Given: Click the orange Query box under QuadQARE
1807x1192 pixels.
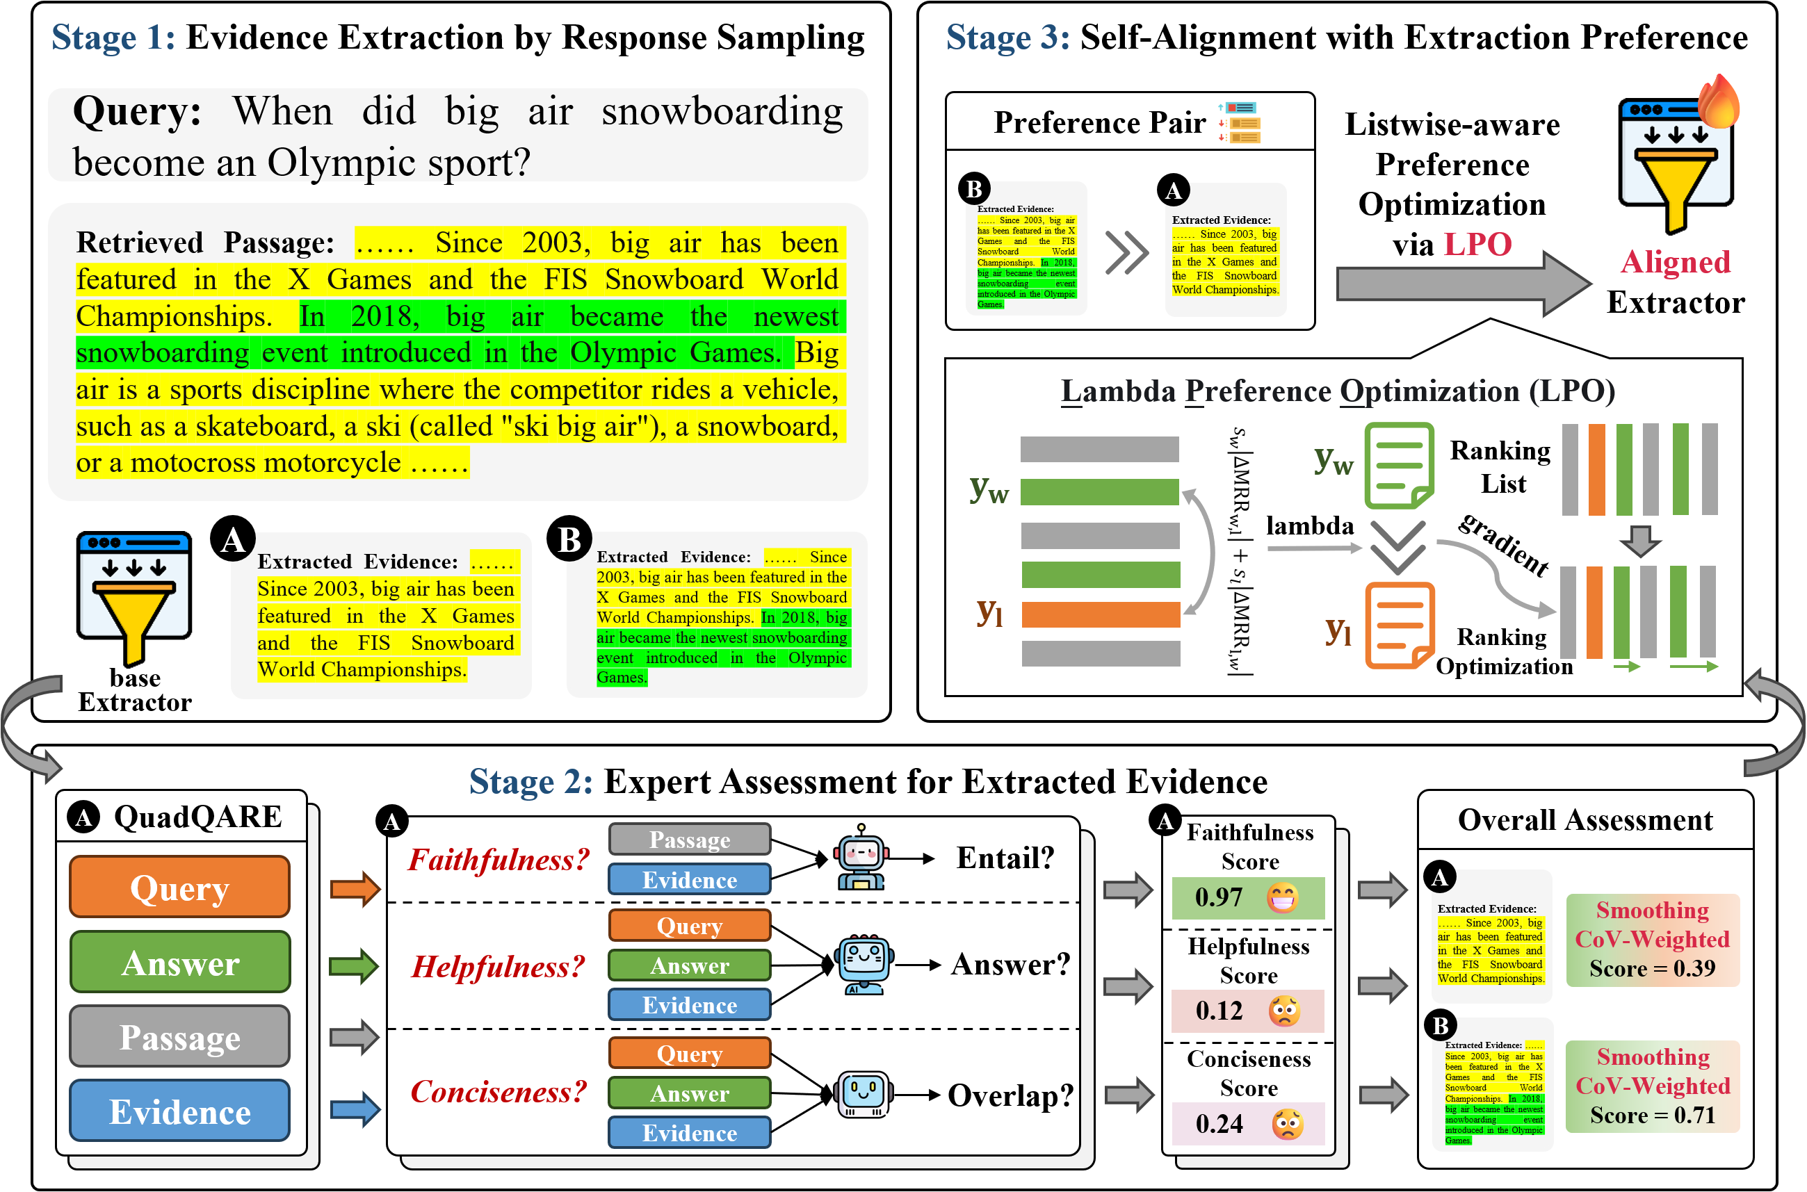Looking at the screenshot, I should point(179,887).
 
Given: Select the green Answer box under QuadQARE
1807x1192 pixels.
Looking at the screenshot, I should point(179,963).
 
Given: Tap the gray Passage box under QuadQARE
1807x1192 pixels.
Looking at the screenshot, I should point(179,1037).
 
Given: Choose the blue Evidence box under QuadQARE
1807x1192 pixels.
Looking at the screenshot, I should point(179,1111).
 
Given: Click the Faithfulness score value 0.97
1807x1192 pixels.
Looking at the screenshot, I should point(1218,898).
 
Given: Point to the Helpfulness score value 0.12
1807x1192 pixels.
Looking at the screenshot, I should point(1218,1011).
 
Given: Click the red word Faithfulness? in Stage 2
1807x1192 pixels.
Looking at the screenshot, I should point(498,860).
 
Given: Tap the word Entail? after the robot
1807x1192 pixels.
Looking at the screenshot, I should point(1005,858).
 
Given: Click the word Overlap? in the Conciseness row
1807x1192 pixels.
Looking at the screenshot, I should point(1010,1095).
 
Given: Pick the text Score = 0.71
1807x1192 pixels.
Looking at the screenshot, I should point(1652,1116).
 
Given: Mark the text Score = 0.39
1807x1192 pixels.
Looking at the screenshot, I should point(1652,968).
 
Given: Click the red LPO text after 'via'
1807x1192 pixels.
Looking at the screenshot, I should point(1477,245).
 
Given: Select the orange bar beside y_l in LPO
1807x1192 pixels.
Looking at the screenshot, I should point(1100,614).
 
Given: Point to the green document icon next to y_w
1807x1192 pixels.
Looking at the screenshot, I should point(1399,465).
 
